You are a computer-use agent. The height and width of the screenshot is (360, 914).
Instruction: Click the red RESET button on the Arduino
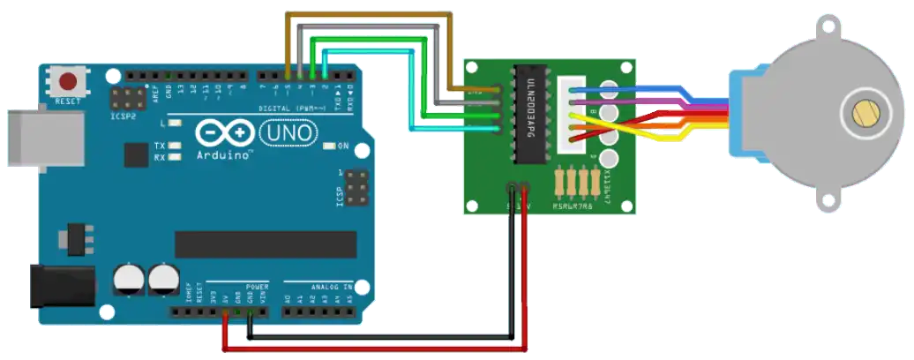coord(68,82)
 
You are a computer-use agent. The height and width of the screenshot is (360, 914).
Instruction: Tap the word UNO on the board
coord(288,133)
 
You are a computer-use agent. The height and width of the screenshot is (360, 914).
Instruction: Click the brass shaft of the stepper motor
coord(863,113)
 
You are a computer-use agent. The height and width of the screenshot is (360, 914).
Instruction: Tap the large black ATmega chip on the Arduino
coord(265,244)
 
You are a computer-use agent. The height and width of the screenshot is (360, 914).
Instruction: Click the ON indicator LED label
coord(343,146)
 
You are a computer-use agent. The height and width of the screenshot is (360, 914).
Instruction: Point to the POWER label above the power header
coord(257,287)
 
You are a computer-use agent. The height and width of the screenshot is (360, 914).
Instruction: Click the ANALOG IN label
coord(331,287)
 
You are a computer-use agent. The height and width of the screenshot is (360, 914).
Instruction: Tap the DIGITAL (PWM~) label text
coord(290,108)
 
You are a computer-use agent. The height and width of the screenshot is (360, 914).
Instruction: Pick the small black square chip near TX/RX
coord(136,156)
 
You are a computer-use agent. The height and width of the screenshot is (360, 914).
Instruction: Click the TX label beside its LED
coord(160,146)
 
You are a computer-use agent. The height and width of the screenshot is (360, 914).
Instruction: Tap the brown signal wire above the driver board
coord(371,13)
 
